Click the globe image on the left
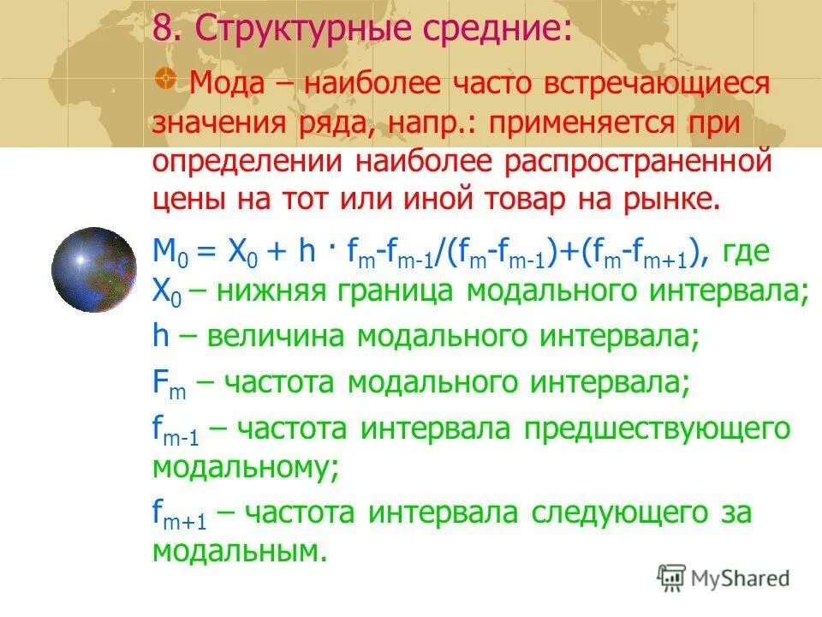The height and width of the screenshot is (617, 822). pyautogui.click(x=93, y=270)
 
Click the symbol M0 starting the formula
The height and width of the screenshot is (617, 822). pyautogui.click(x=168, y=251)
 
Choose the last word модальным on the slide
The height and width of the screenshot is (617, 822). pyautogui.click(x=240, y=551)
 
